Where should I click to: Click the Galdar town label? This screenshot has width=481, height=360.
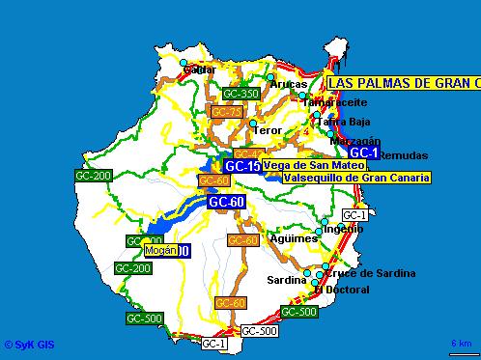tap(200, 69)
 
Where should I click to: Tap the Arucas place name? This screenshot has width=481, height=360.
tap(288, 84)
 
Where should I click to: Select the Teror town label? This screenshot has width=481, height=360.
tap(267, 129)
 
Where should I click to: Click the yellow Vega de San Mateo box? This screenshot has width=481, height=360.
tap(314, 166)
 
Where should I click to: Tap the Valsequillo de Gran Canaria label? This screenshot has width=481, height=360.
tap(357, 178)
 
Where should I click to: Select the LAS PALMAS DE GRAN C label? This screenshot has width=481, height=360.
tap(404, 83)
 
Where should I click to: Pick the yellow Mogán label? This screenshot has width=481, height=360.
tap(160, 250)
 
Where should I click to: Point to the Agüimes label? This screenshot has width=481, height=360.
tap(295, 237)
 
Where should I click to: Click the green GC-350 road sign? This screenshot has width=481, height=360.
tap(240, 94)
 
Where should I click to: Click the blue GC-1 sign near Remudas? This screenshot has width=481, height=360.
tap(363, 152)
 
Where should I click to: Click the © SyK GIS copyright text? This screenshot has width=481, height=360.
tap(30, 343)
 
